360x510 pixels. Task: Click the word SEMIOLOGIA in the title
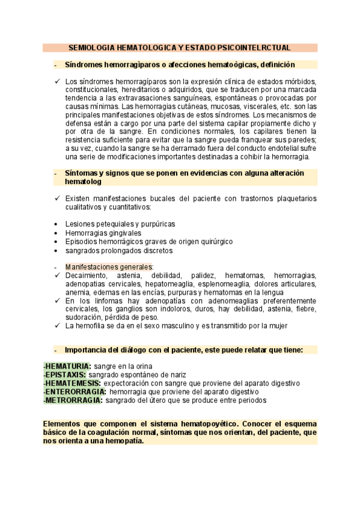pos(89,47)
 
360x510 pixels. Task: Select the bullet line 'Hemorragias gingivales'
pos(103,233)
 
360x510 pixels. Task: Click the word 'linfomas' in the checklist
pos(102,301)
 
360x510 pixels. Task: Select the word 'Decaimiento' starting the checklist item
pos(86,275)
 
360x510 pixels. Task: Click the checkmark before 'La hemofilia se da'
pos(56,326)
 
